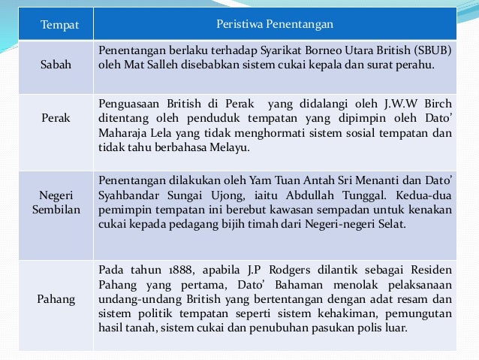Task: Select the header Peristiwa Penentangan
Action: tap(274, 26)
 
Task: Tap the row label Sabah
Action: tap(57, 65)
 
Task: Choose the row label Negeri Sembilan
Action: tap(56, 201)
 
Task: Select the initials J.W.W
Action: tap(399, 103)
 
